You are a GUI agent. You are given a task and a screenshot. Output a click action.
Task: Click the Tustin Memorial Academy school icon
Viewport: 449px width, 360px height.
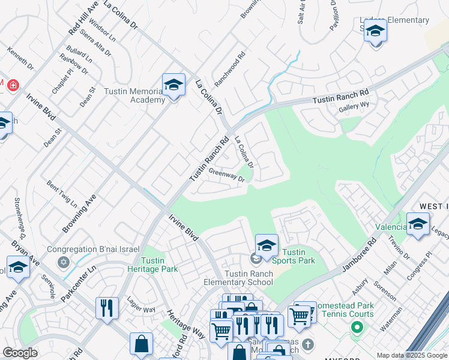(173, 85)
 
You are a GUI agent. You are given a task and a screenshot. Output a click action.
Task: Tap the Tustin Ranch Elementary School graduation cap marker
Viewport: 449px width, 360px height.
(267, 245)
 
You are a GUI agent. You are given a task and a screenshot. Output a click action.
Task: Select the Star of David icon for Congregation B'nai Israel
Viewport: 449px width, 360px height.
(64, 262)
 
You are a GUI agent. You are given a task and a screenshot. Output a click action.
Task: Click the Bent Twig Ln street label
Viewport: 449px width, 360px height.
(62, 193)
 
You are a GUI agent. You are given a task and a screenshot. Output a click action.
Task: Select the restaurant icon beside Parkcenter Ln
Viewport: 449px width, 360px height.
(107, 308)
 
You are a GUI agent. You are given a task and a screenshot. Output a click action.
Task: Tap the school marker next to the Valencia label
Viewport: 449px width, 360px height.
(418, 224)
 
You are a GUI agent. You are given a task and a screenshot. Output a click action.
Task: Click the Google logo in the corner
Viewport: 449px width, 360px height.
(20, 353)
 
